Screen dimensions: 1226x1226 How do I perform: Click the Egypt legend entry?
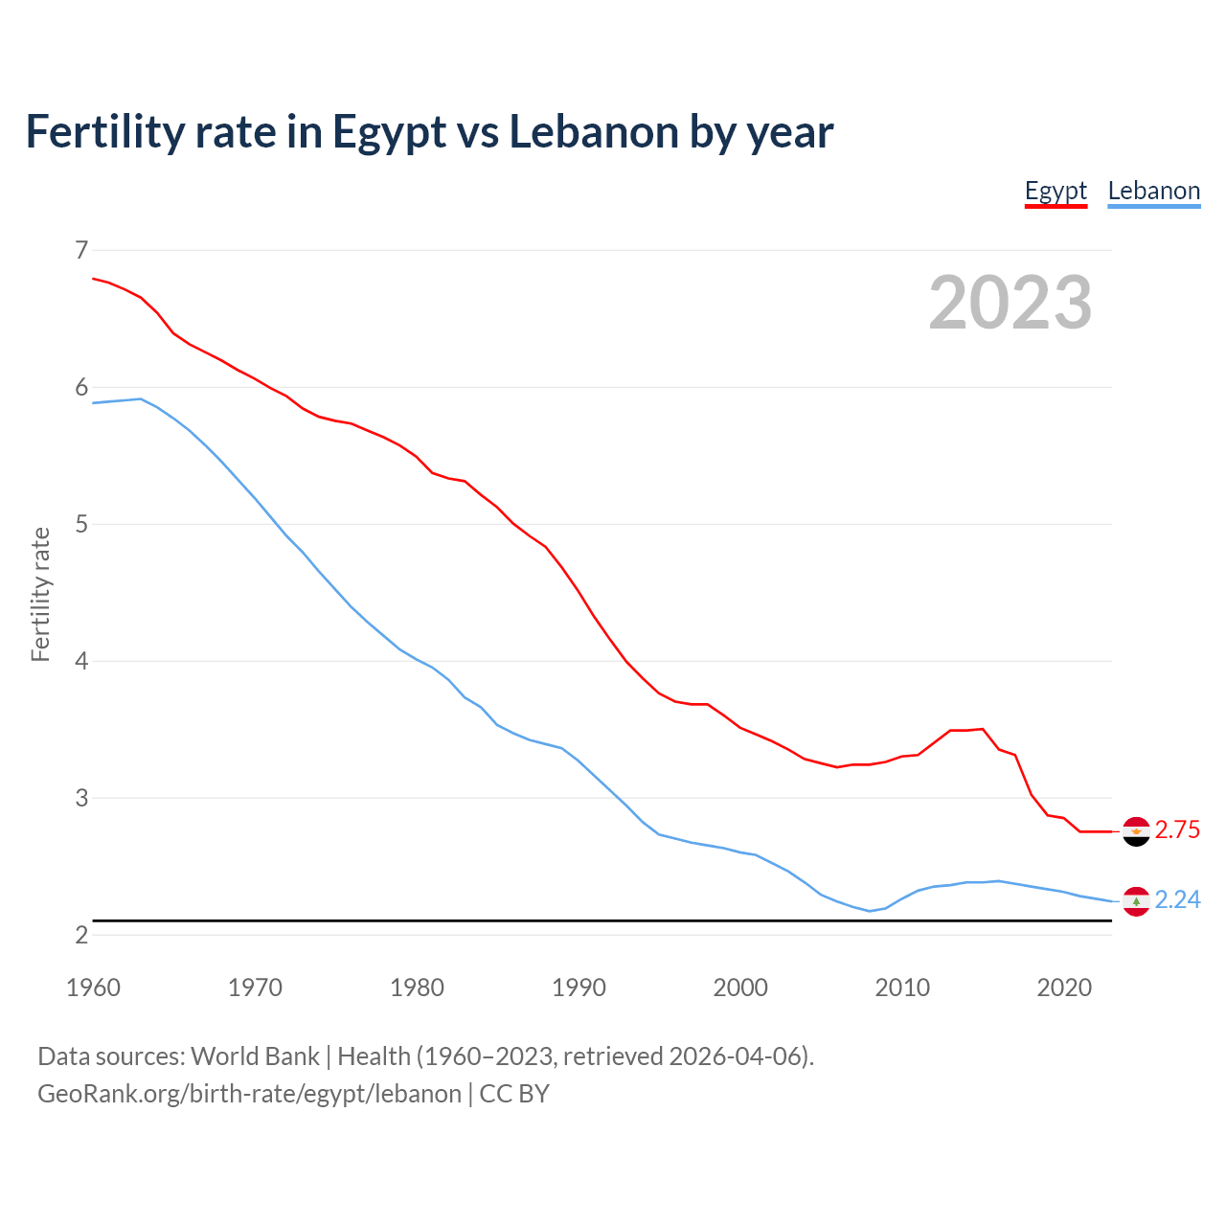pyautogui.click(x=1056, y=191)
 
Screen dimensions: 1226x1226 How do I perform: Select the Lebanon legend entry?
pyautogui.click(x=1153, y=191)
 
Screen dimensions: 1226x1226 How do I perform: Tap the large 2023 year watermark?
pyautogui.click(x=1010, y=303)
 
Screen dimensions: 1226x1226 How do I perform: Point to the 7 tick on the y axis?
pyautogui.click(x=81, y=250)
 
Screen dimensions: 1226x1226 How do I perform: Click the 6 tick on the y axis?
pyautogui.click(x=81, y=387)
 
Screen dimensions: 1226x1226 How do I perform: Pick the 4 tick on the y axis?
pyautogui.click(x=81, y=661)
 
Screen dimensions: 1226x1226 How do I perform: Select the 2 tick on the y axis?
pyautogui.click(x=81, y=935)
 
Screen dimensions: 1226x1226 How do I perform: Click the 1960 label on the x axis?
pyautogui.click(x=93, y=988)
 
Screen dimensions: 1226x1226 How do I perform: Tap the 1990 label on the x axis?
pyautogui.click(x=579, y=988)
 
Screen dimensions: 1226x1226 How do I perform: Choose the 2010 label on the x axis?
pyautogui.click(x=902, y=988)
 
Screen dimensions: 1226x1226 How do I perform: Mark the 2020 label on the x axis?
pyautogui.click(x=1064, y=988)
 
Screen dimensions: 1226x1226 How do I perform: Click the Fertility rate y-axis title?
pyautogui.click(x=40, y=594)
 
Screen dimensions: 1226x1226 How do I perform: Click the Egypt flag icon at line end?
pyautogui.click(x=1136, y=831)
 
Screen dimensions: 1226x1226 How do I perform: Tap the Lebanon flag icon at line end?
pyautogui.click(x=1136, y=901)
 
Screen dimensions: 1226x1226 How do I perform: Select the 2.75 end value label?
pyautogui.click(x=1177, y=830)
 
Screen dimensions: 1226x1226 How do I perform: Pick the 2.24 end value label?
pyautogui.click(x=1177, y=900)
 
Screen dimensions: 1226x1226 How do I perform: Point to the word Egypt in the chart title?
pyautogui.click(x=389, y=133)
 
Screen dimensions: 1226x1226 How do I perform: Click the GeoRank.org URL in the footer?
pyautogui.click(x=249, y=1094)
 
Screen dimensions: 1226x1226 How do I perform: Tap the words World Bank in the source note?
pyautogui.click(x=255, y=1056)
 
